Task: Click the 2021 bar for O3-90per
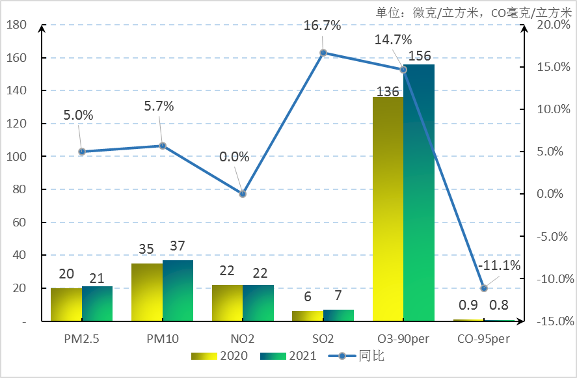tap(419, 193)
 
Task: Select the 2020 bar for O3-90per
tap(388, 209)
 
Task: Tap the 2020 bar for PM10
tap(146, 292)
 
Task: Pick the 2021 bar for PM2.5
tap(98, 304)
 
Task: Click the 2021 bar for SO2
tap(339, 316)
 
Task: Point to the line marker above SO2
tap(323, 53)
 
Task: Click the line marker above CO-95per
tap(484, 288)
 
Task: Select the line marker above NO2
tap(243, 194)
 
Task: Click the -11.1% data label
tap(499, 265)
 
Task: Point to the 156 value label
tap(420, 56)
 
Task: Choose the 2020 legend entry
tap(221, 356)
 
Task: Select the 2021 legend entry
tap(289, 356)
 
